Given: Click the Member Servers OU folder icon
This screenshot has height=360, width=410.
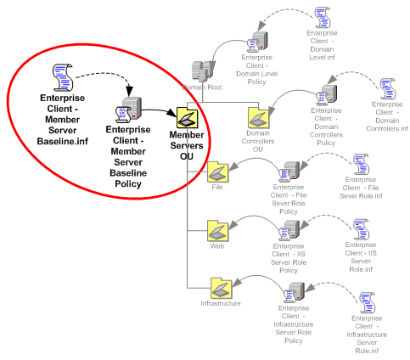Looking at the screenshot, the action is click(x=187, y=117).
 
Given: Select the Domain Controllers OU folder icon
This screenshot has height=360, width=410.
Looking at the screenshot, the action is click(x=258, y=117).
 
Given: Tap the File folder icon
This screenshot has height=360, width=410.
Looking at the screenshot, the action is click(x=217, y=172).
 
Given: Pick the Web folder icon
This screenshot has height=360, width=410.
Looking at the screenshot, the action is click(x=217, y=231).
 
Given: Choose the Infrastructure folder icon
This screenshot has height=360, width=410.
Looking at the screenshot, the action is click(x=221, y=288).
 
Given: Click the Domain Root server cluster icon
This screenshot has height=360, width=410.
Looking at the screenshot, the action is click(x=203, y=71).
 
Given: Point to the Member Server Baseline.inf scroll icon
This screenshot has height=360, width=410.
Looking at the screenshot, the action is click(x=63, y=77).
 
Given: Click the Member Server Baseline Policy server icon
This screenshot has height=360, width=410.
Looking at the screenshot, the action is click(x=128, y=110).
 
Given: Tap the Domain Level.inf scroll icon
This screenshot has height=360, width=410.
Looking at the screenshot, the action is click(x=323, y=18).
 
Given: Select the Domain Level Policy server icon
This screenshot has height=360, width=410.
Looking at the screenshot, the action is click(x=257, y=42).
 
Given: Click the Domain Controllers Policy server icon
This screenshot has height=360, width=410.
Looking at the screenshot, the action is click(x=327, y=95).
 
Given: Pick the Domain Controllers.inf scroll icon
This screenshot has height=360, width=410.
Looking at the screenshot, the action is click(x=388, y=89).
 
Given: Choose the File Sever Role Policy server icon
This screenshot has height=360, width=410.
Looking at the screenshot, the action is click(x=289, y=172).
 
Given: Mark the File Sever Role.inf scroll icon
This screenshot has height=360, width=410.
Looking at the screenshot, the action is click(x=362, y=164).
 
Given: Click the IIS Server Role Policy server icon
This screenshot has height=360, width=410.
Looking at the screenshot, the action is click(x=289, y=230).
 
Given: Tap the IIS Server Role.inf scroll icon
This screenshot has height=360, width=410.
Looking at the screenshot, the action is click(x=362, y=229).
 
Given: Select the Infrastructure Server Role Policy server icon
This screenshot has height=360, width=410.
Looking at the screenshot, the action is click(x=295, y=292).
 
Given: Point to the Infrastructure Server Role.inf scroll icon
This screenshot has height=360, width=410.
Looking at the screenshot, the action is click(x=368, y=302).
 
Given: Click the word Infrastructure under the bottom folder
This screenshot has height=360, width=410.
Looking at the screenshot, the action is click(x=221, y=303).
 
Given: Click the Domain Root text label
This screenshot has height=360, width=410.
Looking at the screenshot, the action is click(x=202, y=87).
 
